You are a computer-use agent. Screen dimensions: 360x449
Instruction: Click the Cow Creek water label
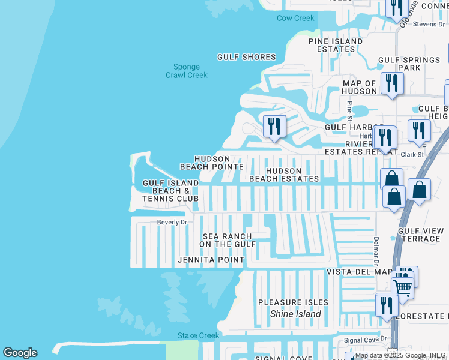tap(295, 19)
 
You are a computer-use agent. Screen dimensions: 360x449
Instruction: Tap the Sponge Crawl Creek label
tap(187, 71)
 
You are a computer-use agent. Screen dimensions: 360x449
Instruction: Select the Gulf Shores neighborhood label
tap(246, 58)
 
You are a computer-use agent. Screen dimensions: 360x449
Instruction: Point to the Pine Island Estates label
tap(336, 46)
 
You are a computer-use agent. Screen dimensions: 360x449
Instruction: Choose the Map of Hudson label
tap(359, 88)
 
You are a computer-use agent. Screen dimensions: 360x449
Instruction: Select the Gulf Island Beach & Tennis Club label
tap(170, 191)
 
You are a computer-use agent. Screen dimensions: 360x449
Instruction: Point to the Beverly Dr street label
tap(172, 222)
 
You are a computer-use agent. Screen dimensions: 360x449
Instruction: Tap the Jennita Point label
tap(211, 260)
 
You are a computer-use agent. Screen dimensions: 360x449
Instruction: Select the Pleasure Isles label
tap(293, 302)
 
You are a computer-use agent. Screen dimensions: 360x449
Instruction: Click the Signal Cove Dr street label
tap(366, 340)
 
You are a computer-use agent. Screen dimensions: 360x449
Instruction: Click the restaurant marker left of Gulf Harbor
tap(274, 126)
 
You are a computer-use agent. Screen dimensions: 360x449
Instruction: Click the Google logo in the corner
tap(20, 353)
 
